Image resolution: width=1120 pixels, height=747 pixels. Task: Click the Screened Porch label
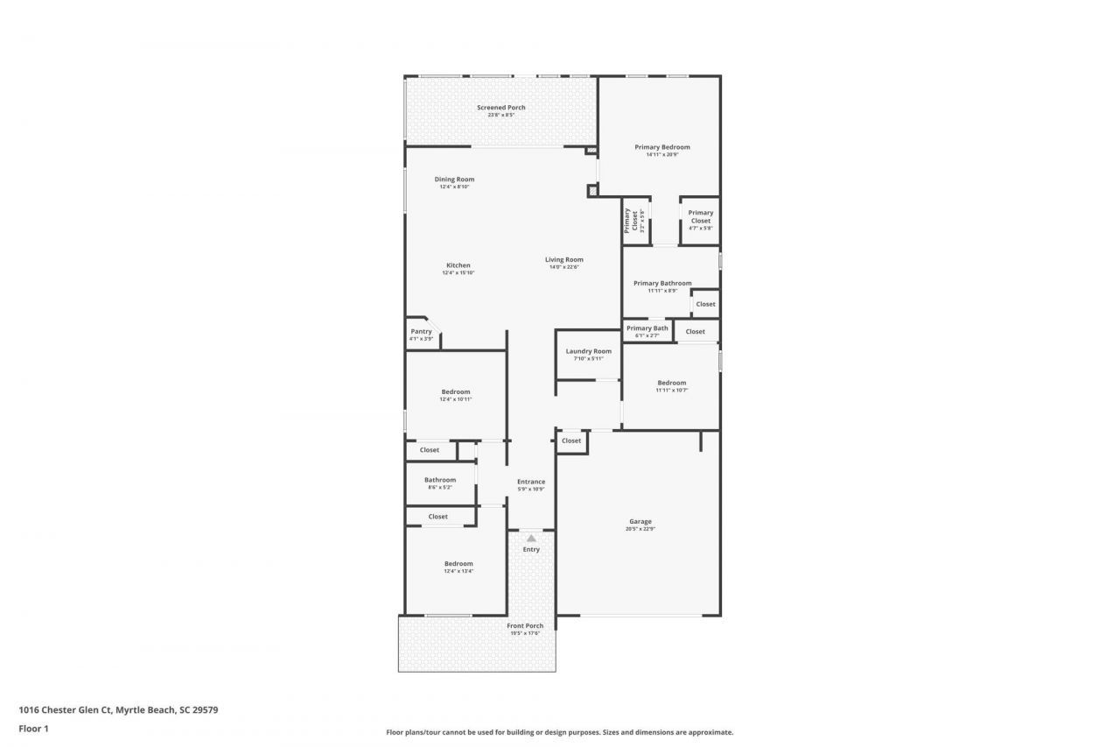501,108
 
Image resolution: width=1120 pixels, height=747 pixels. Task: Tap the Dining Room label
454,180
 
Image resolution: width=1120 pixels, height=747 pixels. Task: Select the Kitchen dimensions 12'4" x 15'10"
458,273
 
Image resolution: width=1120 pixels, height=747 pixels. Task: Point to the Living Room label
564,259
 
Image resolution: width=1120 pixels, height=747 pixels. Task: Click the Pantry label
422,332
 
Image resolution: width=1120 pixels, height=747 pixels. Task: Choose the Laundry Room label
589,351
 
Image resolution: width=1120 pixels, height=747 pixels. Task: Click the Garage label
640,522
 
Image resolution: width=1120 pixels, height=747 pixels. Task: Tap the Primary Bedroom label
662,147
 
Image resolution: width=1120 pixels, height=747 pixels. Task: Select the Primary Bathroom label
662,283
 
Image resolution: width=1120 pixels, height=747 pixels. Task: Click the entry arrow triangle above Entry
531,538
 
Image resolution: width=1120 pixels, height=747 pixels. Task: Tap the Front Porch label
525,626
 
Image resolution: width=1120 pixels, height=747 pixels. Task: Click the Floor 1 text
33,729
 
